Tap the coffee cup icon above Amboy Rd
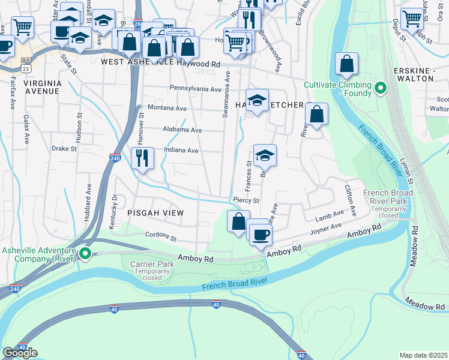(x=261, y=234)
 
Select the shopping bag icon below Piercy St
(x=238, y=220)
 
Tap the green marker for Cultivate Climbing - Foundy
(x=380, y=90)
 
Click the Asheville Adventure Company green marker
(x=85, y=254)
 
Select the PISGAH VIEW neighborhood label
(x=155, y=213)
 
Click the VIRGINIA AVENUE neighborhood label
(x=42, y=88)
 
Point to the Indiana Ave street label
(x=181, y=151)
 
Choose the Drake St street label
(x=64, y=148)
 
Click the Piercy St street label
(x=246, y=200)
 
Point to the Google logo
(x=20, y=353)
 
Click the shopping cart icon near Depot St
(x=412, y=18)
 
